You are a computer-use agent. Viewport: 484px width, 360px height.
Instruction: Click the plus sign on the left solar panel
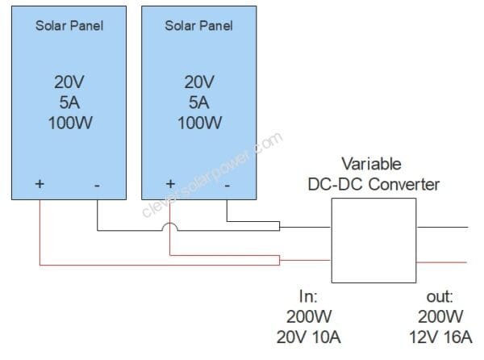[40, 185]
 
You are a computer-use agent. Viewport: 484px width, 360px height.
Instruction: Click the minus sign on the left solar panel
[97, 185]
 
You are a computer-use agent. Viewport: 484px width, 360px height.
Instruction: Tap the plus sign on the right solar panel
[170, 185]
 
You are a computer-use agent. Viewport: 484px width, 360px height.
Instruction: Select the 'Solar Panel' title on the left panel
[69, 25]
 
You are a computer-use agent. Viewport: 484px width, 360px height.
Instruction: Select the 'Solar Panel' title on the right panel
[198, 25]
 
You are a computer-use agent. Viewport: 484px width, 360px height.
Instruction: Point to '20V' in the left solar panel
[69, 82]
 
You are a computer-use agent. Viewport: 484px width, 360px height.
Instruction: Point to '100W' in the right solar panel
[198, 123]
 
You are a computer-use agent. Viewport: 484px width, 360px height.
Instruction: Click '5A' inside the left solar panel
[69, 103]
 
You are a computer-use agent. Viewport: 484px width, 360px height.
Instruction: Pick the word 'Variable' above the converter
[373, 163]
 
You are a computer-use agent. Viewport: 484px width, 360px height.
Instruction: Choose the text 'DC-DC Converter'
[373, 184]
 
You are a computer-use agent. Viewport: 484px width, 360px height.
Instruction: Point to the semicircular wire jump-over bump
[170, 228]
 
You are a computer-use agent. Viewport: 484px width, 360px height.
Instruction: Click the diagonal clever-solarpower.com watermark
[211, 177]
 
